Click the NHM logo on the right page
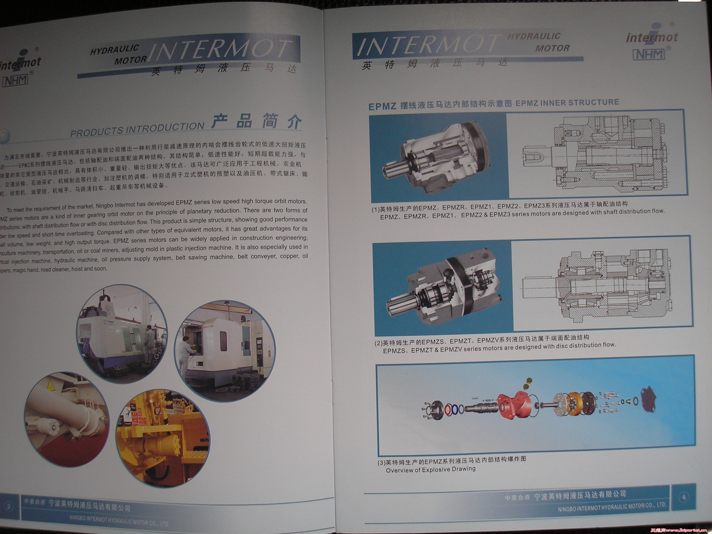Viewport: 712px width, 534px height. click(649, 54)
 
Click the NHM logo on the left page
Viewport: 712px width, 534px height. click(15, 81)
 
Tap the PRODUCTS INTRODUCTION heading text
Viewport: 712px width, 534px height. click(137, 129)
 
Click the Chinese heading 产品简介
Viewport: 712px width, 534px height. click(256, 121)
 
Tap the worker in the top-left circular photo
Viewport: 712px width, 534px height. click(149, 341)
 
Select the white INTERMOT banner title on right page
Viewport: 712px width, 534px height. click(428, 47)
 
